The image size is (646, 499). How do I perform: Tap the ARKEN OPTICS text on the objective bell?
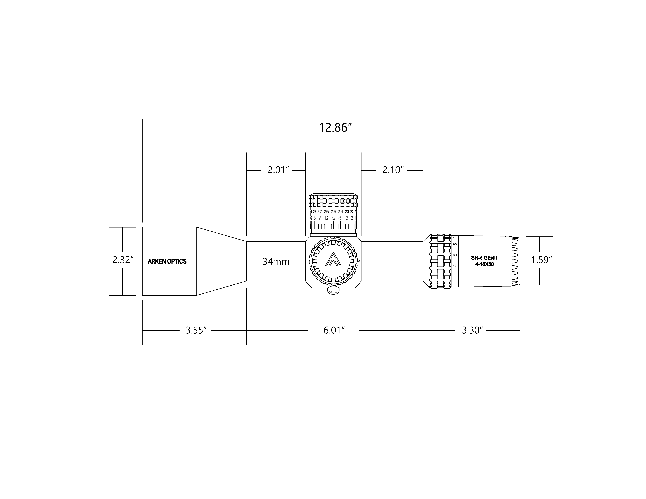point(167,261)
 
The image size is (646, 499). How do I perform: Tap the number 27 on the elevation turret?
point(319,212)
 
